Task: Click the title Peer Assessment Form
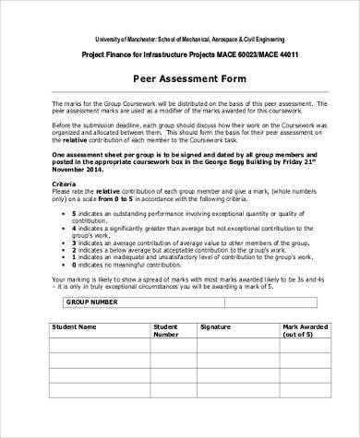pyautogui.click(x=179, y=79)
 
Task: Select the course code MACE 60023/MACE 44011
pyautogui.click(x=241, y=53)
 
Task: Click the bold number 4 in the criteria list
pyautogui.click(x=73, y=229)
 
